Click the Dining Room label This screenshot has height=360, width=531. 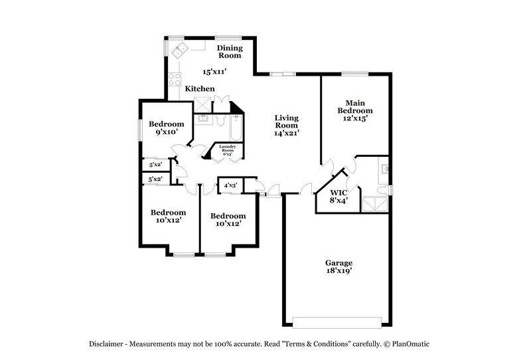tap(230, 52)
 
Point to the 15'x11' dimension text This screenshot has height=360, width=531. tap(214, 71)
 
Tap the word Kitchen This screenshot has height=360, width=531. tap(199, 89)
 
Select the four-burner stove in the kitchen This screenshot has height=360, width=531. tap(176, 80)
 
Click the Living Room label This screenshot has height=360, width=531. tap(287, 122)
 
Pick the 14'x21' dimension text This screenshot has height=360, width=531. tap(287, 133)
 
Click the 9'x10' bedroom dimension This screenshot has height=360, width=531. tap(165, 133)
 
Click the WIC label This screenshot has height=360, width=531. tap(338, 192)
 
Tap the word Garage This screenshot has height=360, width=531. tap(338, 263)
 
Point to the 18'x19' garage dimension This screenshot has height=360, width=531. tap(338, 271)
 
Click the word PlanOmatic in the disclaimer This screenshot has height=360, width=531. tap(417, 344)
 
